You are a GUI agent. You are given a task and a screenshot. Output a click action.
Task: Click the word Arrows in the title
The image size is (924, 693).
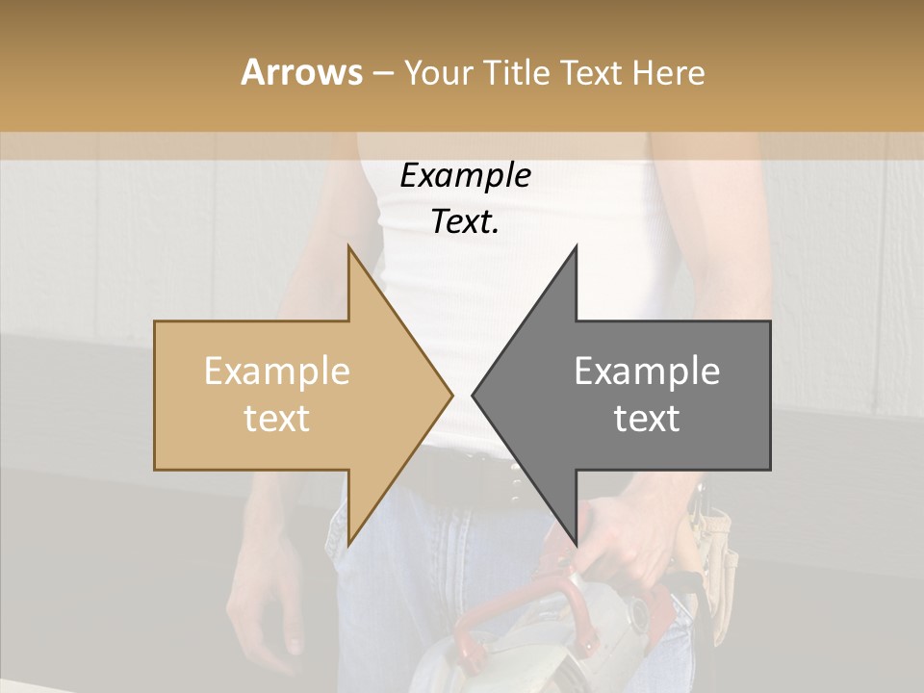pos(301,72)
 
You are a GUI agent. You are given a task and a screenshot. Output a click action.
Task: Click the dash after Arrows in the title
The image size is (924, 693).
pos(382,74)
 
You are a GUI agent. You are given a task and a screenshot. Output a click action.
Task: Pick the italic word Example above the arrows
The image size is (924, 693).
pos(465,176)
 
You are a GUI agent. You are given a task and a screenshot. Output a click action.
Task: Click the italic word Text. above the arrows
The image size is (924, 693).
pos(465,222)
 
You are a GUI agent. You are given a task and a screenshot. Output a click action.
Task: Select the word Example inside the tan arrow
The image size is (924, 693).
pos(277,372)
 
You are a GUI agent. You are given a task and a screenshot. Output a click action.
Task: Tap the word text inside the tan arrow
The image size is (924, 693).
pos(277,419)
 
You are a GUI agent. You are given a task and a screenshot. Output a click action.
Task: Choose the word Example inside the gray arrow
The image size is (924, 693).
pos(647,372)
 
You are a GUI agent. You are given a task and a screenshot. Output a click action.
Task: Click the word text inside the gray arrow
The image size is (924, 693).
pos(647,419)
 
